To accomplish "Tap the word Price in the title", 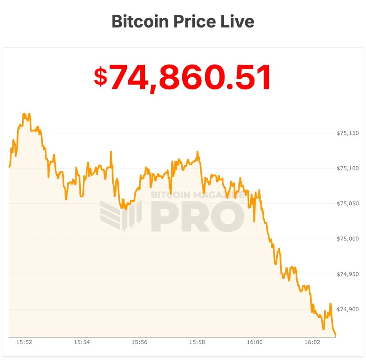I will (195, 21).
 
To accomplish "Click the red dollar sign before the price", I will (100, 77).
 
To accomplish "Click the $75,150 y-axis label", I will (347, 133).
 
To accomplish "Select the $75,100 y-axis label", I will (347, 168).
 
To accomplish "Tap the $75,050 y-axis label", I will (347, 204).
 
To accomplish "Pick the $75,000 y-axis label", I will (347, 239).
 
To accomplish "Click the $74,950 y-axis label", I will (347, 274).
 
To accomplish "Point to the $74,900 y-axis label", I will (347, 309).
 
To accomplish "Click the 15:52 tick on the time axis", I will (24, 342).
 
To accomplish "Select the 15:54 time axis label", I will (81, 342).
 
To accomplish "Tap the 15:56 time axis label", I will (139, 342).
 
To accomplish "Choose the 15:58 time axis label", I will (197, 342).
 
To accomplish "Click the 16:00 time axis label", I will (254, 342).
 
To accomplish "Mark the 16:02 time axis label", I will (312, 342).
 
